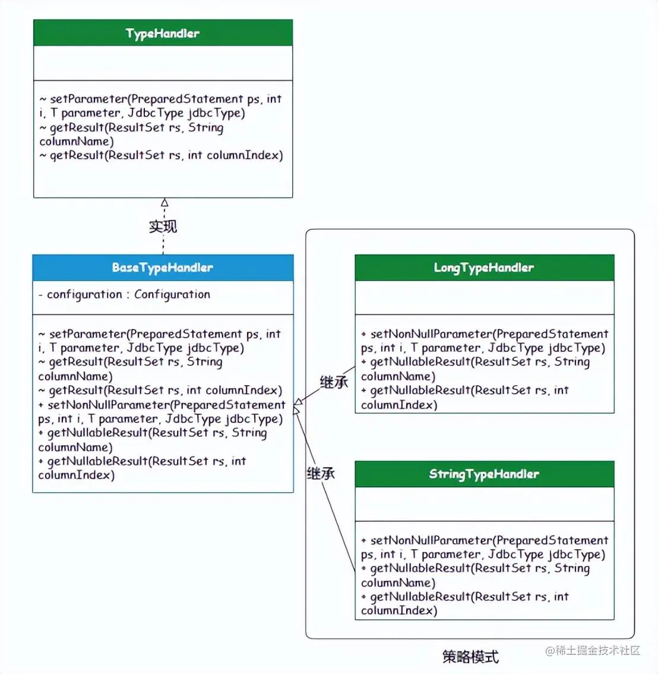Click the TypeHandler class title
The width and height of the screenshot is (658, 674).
pyautogui.click(x=163, y=33)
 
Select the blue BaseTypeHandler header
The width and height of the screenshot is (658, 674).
pyautogui.click(x=163, y=267)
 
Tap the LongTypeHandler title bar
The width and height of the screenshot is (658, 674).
pyautogui.click(x=484, y=267)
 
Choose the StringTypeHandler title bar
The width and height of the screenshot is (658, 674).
pyautogui.click(x=484, y=474)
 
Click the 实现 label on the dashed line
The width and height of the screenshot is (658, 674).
pyautogui.click(x=163, y=226)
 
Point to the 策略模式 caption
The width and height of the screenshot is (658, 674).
pyautogui.click(x=470, y=657)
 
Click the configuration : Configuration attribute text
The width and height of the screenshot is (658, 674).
pyautogui.click(x=128, y=294)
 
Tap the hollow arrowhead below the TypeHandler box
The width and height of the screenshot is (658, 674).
pyautogui.click(x=164, y=203)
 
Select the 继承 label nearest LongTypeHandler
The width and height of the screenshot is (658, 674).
pyautogui.click(x=334, y=382)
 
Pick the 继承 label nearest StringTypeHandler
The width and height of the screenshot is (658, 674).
pyautogui.click(x=321, y=473)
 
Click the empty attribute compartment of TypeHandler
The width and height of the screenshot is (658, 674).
pyautogui.click(x=163, y=62)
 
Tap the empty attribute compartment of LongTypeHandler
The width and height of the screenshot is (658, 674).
pyautogui.click(x=484, y=297)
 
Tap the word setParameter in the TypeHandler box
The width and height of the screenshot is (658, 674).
pyautogui.click(x=88, y=99)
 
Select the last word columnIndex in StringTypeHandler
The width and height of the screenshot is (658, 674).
pyautogui.click(x=397, y=610)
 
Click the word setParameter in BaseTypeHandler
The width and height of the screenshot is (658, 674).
pyautogui.click(x=88, y=334)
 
